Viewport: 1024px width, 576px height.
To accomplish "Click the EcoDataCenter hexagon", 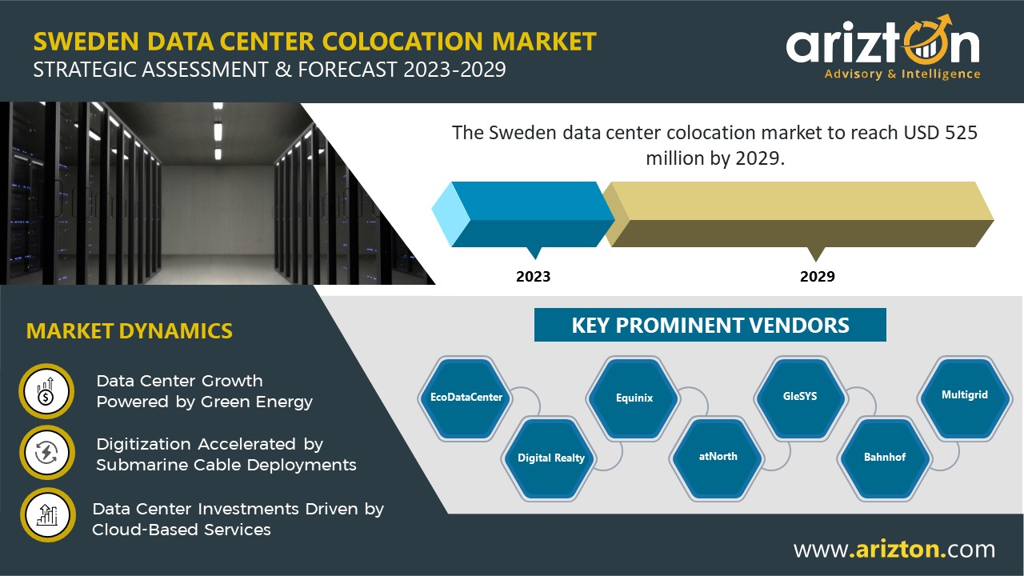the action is pos(466,398).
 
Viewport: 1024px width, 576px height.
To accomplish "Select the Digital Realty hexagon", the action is pos(550,458).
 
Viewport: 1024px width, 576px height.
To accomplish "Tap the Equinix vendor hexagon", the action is pos(634,398).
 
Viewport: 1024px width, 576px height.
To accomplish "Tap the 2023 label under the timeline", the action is pos(533,277).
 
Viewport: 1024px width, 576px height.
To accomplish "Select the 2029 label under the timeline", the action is pos(818,277).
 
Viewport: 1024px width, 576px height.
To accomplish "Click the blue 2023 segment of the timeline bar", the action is pos(523,214).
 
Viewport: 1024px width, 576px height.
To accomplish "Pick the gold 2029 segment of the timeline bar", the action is pos(798,214).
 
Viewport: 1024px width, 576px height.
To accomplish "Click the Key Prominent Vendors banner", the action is pos(710,325).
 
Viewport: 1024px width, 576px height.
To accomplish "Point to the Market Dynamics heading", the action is pos(130,331).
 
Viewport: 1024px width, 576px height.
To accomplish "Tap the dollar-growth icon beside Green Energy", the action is pos(46,391).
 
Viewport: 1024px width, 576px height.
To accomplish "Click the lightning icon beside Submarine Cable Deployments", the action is pos(46,453).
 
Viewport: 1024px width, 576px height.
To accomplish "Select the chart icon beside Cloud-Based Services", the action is pos(47,515).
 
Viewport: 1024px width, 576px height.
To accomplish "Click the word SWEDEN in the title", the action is pos(86,42).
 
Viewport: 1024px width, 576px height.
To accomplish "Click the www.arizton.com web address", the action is pos(894,549).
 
